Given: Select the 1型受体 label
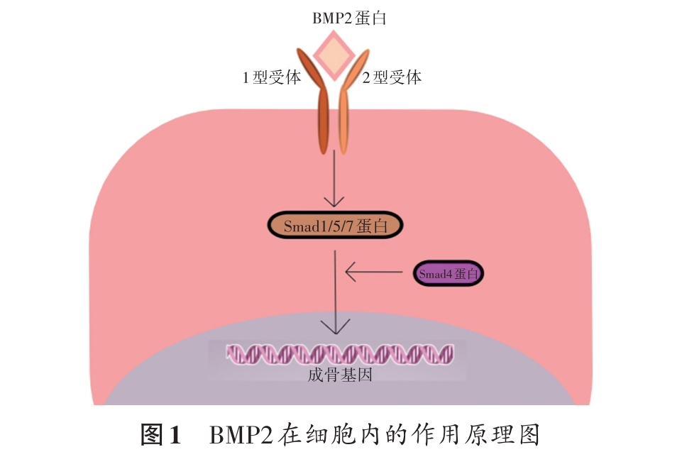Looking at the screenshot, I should [272, 77].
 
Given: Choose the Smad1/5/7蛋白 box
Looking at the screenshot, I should [335, 226].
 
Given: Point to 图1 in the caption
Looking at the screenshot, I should [163, 434].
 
